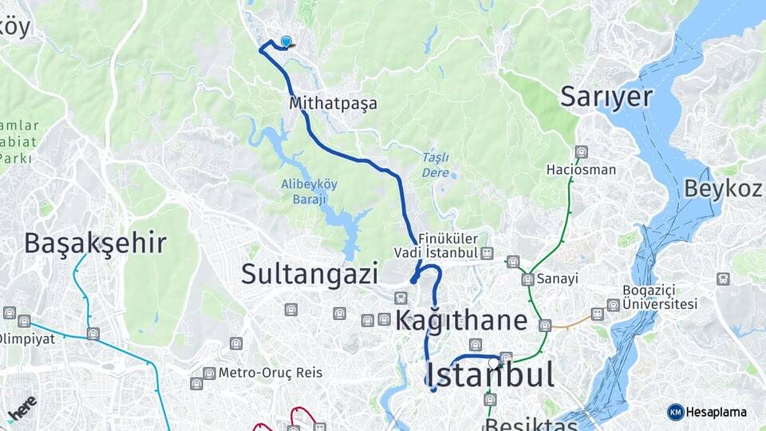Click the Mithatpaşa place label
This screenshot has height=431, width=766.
[334, 103]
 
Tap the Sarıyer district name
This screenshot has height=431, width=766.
[606, 96]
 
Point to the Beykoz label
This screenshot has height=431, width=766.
[722, 188]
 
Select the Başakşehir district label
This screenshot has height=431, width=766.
[95, 243]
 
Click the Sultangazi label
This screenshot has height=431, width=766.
[310, 274]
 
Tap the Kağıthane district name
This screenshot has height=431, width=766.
[461, 320]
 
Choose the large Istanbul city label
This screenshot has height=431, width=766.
[490, 374]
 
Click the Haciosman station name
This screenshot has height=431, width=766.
[581, 169]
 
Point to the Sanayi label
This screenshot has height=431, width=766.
[557, 279]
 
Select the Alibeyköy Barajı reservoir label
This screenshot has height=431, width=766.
[310, 191]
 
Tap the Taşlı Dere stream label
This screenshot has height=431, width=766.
[436, 164]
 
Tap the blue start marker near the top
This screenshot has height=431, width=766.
[286, 42]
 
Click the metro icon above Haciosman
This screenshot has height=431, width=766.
[581, 152]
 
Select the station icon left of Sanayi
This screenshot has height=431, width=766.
[527, 279]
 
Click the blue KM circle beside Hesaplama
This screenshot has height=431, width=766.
[676, 412]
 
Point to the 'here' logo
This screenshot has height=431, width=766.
[22, 407]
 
